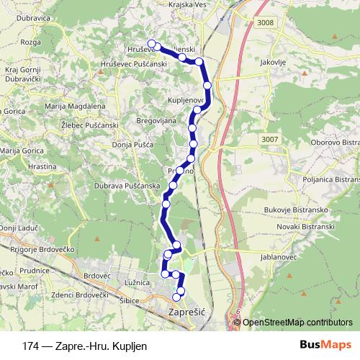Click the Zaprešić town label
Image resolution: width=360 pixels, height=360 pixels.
tap(186, 314)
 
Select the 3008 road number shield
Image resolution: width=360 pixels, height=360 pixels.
tap(264, 24)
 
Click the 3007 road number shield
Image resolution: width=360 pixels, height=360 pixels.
tap(270, 139)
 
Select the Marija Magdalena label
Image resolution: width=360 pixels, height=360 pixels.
tap(76, 107)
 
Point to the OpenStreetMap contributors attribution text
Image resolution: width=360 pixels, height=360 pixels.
tap(297, 323)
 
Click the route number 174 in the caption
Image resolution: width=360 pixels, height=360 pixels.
tap(30, 346)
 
